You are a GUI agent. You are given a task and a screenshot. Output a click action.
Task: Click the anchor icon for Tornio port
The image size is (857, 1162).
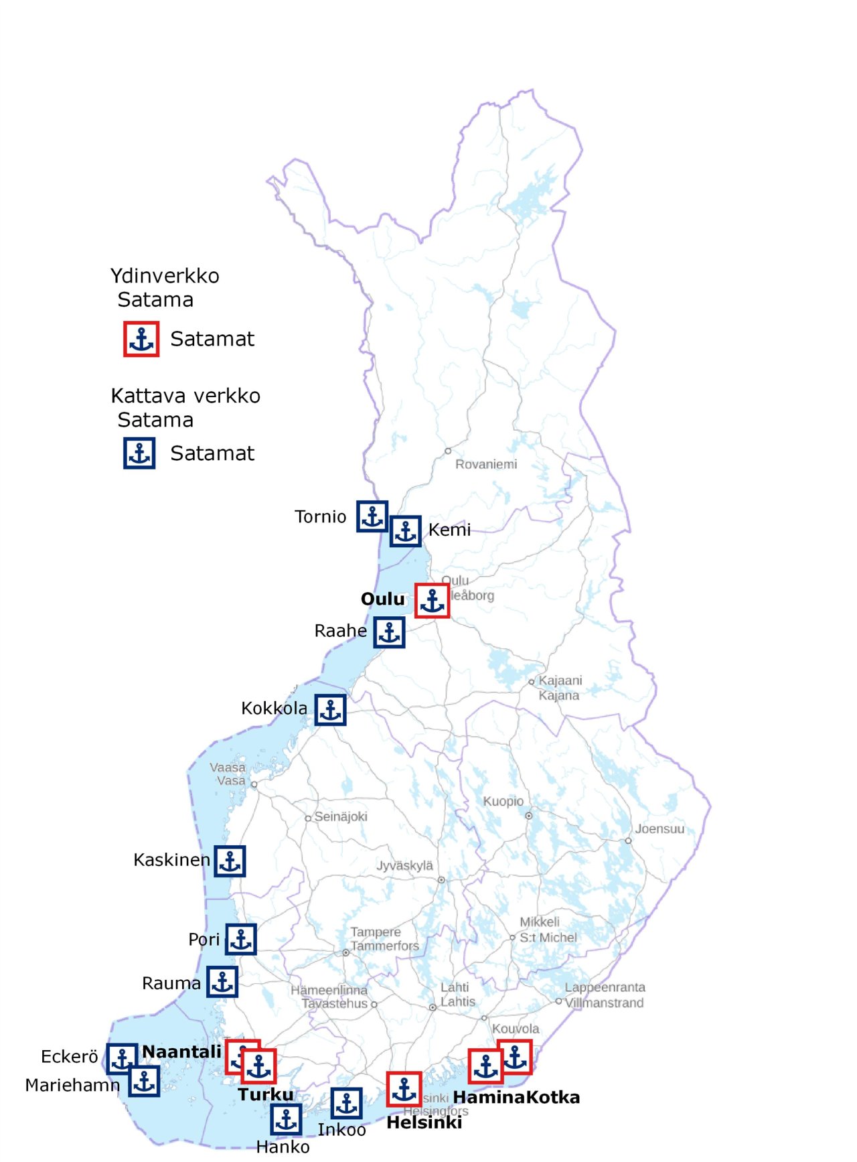click(x=372, y=516)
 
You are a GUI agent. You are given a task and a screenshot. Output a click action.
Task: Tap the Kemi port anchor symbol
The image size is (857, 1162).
click(x=405, y=531)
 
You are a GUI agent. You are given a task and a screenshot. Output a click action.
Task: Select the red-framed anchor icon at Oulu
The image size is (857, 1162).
click(x=432, y=600)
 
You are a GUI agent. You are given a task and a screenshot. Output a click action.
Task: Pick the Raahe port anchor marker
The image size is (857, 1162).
click(x=389, y=632)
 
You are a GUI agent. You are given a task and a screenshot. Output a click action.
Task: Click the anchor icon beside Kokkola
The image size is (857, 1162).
click(x=330, y=709)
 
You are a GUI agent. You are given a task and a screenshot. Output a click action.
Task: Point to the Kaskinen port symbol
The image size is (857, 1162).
click(x=230, y=861)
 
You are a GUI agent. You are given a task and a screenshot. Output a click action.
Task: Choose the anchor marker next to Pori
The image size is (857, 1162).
click(x=240, y=939)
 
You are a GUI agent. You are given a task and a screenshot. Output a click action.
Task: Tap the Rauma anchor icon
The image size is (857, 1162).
click(x=222, y=982)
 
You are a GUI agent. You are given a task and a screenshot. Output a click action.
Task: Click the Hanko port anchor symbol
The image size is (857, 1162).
click(x=286, y=1119)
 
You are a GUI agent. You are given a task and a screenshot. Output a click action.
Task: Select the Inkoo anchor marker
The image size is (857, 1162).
click(x=346, y=1103)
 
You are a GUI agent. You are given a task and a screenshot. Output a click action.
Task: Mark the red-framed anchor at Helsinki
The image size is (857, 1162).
click(x=404, y=1089)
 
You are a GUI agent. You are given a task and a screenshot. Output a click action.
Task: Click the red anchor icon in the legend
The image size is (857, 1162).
click(x=141, y=339)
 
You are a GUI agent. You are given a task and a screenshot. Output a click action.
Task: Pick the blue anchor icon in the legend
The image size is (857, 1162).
click(x=139, y=453)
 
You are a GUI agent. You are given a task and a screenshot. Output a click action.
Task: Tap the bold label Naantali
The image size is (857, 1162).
click(x=181, y=1051)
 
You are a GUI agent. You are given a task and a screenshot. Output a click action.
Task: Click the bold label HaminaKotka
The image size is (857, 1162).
click(x=516, y=1097)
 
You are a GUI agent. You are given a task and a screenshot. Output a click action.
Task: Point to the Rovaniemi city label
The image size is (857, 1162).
click(x=486, y=464)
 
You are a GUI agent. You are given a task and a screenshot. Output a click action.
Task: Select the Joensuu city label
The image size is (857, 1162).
click(x=659, y=828)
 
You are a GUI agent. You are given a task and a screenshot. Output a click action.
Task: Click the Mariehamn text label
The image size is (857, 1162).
click(x=72, y=1085)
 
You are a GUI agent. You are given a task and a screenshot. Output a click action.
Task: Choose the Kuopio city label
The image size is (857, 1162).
click(x=503, y=801)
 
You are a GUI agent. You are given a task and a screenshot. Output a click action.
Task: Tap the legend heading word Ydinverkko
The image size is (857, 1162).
click(x=165, y=276)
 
